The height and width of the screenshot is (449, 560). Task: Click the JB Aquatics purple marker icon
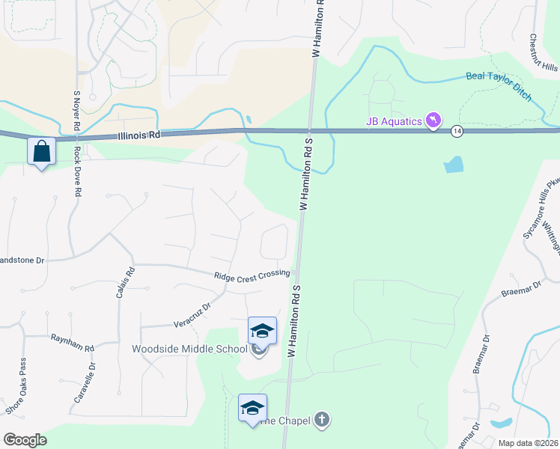433,120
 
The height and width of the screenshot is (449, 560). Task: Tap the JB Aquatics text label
395,120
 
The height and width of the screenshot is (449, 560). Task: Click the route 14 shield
457,132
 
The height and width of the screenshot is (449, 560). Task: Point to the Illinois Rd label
139,137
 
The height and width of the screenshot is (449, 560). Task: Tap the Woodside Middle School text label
189,349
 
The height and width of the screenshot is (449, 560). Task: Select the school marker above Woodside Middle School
262,331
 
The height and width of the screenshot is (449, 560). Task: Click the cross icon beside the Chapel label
321,420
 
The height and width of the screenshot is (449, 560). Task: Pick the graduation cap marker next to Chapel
253,408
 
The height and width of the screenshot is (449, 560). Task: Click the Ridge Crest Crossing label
252,276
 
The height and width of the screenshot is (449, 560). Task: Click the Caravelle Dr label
84,384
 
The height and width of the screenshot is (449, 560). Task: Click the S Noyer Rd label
76,112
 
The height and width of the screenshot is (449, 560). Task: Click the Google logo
24,440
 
